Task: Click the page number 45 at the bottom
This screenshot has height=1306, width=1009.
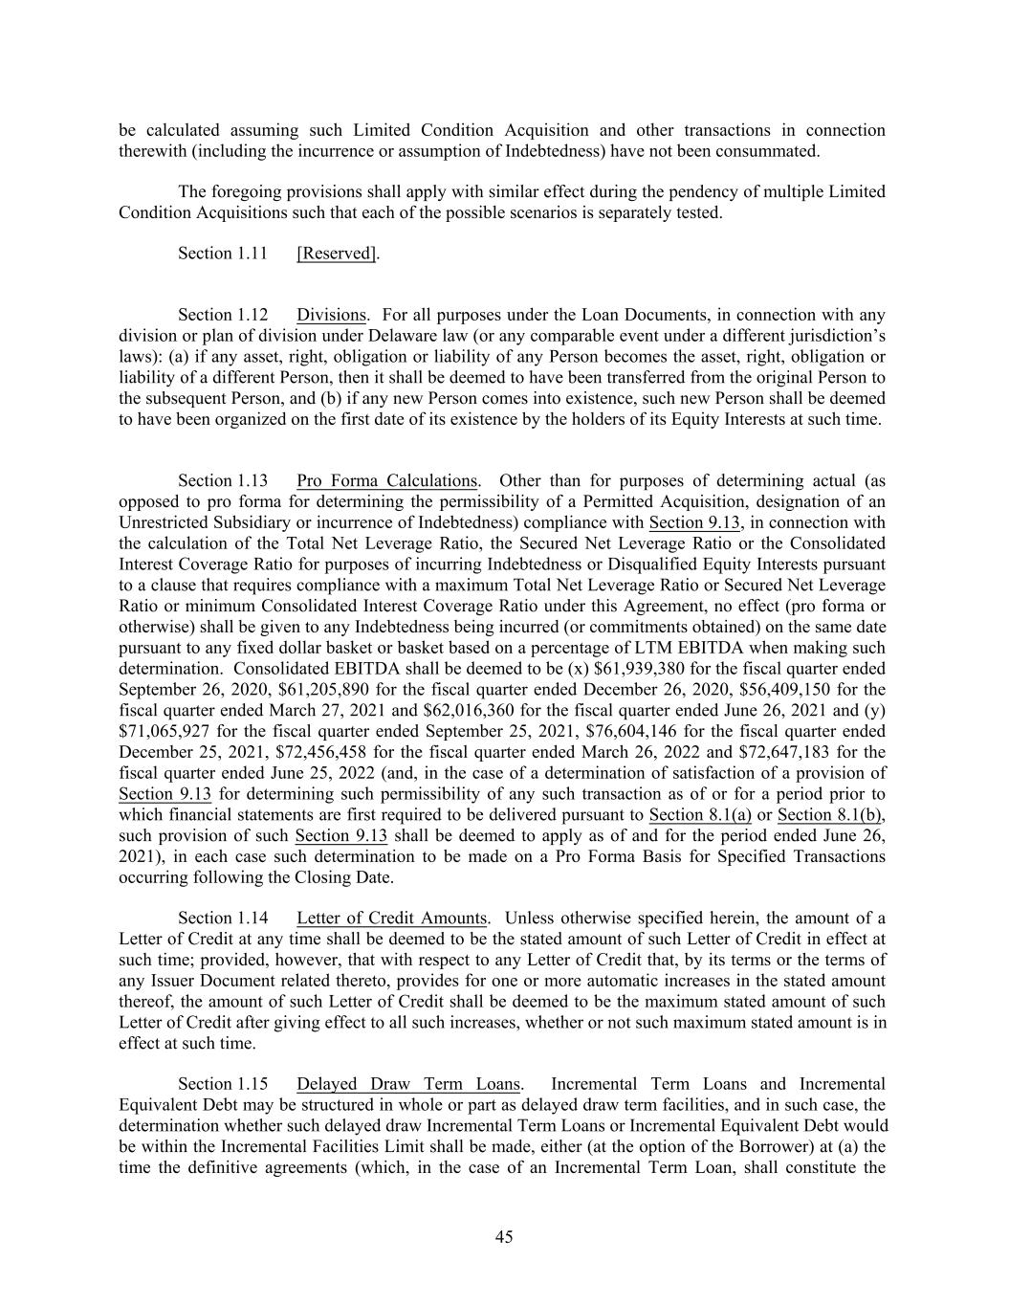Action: click(x=504, y=1237)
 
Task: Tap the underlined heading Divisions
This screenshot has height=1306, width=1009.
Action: click(x=331, y=315)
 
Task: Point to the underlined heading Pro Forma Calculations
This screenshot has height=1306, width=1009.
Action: click(x=386, y=480)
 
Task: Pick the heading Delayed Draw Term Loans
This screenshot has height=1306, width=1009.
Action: click(x=408, y=1084)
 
